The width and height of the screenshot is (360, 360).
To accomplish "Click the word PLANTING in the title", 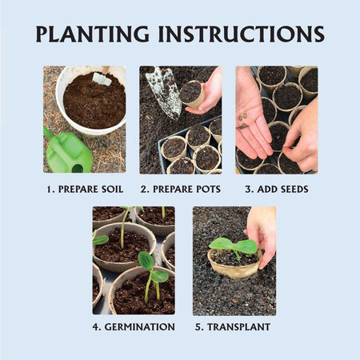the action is pyautogui.click(x=93, y=34).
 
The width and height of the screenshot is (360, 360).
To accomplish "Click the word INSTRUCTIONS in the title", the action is pyautogui.click(x=242, y=34).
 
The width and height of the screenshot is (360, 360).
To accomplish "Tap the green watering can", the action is pyautogui.click(x=67, y=151).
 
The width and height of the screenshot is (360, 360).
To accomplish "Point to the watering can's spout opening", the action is pyautogui.click(x=78, y=168).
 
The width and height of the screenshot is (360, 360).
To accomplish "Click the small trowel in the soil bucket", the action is pyautogui.click(x=102, y=76).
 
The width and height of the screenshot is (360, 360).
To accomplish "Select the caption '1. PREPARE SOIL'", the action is pyautogui.click(x=85, y=190).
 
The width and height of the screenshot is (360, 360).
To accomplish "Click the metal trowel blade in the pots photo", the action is pyautogui.click(x=165, y=92).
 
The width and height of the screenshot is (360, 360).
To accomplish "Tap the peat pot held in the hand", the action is pyautogui.click(x=192, y=94).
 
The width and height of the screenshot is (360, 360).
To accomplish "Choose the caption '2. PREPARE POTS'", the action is pyautogui.click(x=181, y=190).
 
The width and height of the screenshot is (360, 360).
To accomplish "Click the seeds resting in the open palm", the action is pyautogui.click(x=243, y=121).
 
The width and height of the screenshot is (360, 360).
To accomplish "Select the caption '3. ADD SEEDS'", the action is pyautogui.click(x=277, y=190).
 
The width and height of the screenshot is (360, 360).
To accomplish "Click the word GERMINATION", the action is pyautogui.click(x=140, y=327).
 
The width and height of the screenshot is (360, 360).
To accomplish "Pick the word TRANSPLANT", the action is pyautogui.click(x=239, y=327).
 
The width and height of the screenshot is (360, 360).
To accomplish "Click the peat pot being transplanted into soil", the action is pyautogui.click(x=234, y=265).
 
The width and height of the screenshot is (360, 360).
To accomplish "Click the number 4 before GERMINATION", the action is pyautogui.click(x=96, y=327).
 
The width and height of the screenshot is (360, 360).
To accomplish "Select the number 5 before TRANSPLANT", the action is pyautogui.click(x=199, y=327).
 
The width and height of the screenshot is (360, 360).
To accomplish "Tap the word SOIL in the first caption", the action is pyautogui.click(x=112, y=190).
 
